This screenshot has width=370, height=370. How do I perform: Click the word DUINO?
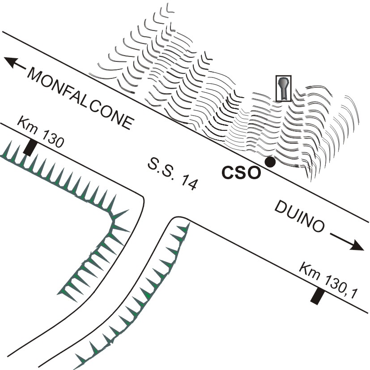298,219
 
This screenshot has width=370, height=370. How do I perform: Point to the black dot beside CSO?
270,162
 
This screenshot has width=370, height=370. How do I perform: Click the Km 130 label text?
41,132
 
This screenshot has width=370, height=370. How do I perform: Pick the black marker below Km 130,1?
317,297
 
